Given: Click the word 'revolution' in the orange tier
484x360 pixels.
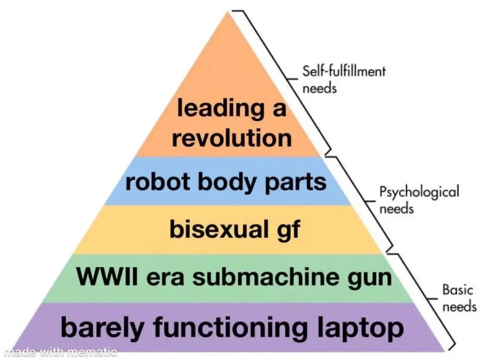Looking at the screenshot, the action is (x=232, y=138).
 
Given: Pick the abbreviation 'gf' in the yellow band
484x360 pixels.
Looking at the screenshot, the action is (x=289, y=230).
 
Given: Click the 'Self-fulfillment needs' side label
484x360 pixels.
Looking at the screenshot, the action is (x=344, y=80).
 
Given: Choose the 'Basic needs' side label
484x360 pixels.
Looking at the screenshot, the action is (x=459, y=298).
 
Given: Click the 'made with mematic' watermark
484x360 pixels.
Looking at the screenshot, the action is (x=59, y=352).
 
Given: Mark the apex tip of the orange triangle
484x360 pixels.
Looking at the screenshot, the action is (x=229, y=12).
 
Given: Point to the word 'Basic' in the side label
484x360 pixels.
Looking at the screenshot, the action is (x=457, y=290).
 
